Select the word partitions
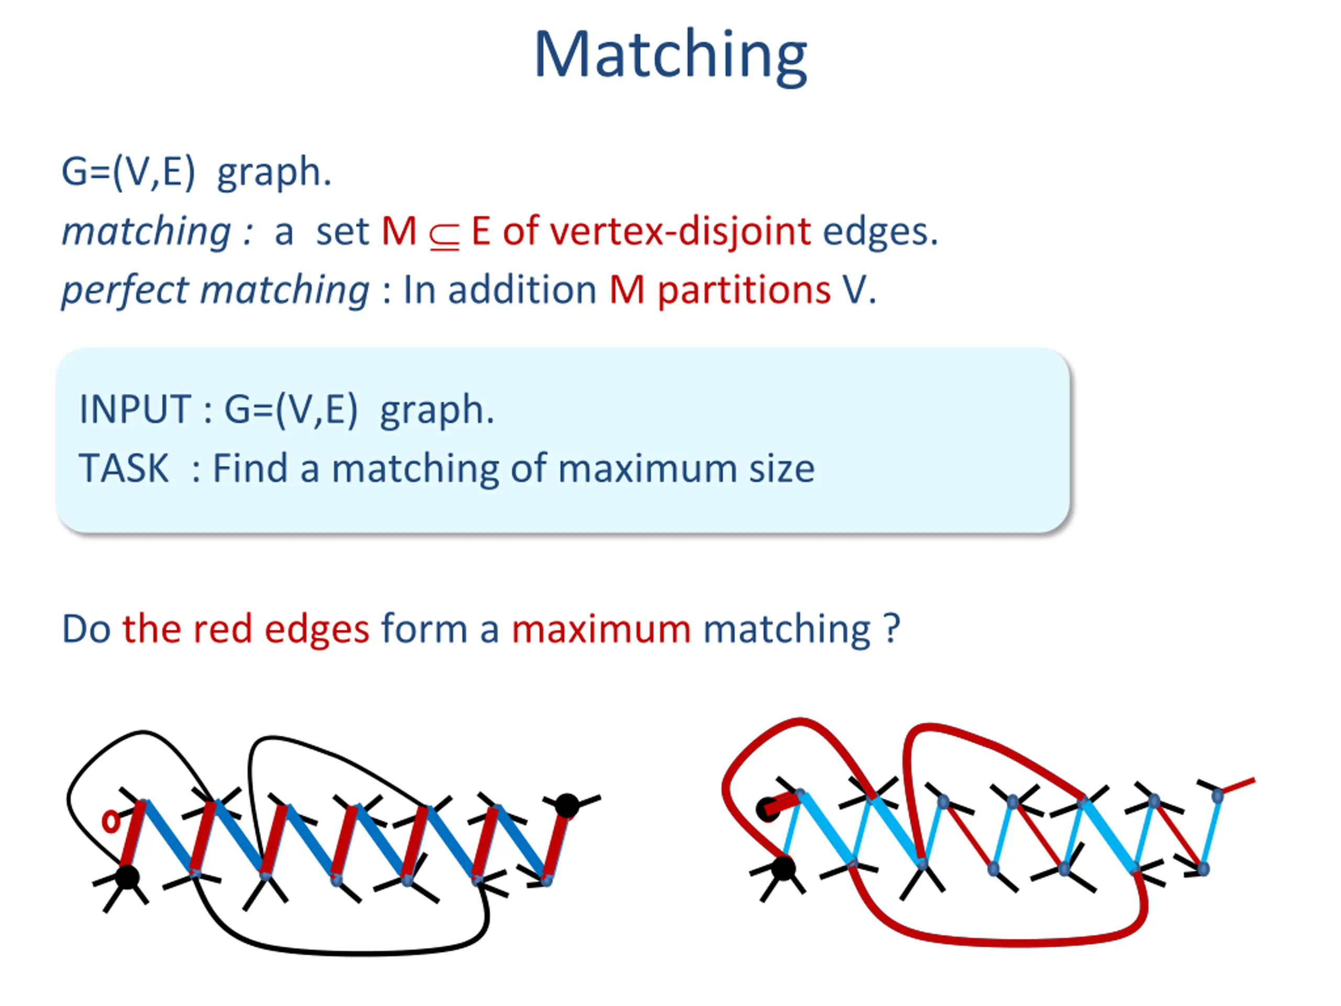click(x=744, y=290)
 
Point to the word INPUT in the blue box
click(x=135, y=409)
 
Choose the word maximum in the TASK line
click(x=647, y=469)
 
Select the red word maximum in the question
click(x=601, y=629)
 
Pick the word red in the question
click(x=222, y=629)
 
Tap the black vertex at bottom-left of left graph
click(x=127, y=877)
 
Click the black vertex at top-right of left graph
click(x=567, y=805)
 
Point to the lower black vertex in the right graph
click(x=783, y=868)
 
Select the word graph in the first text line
click(x=274, y=173)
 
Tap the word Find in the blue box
click(x=250, y=469)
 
